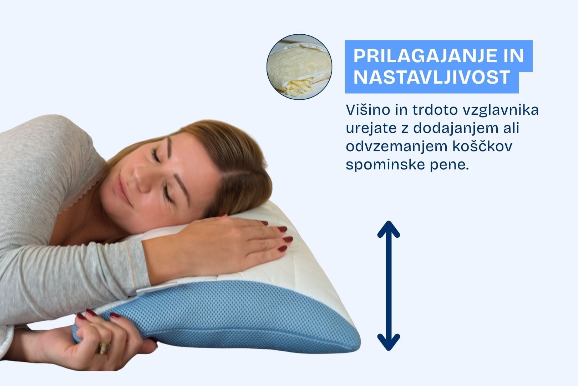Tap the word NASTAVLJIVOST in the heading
[432, 77]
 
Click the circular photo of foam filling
[299, 67]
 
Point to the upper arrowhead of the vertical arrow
[389, 229]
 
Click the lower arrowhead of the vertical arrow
[389, 342]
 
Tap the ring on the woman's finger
[103, 348]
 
